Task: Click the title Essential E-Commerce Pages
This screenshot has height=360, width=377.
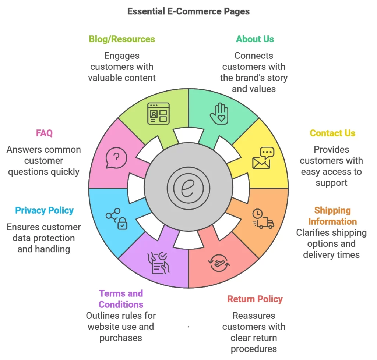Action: pyautogui.click(x=188, y=11)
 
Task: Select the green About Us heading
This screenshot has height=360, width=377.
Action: pyautogui.click(x=255, y=39)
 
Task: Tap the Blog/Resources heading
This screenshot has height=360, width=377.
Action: pyautogui.click(x=122, y=39)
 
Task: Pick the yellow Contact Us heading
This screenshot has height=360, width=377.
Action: pyautogui.click(x=332, y=133)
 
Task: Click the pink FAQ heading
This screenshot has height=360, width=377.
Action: pyautogui.click(x=44, y=133)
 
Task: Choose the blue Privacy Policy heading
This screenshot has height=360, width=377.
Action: pyautogui.click(x=44, y=211)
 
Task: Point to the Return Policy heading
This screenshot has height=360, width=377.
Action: pyautogui.click(x=255, y=299)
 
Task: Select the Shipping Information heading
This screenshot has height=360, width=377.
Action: pyautogui.click(x=332, y=216)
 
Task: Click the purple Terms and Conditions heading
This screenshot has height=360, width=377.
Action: pyautogui.click(x=121, y=299)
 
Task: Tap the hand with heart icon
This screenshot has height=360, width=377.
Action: pyautogui.click(x=219, y=113)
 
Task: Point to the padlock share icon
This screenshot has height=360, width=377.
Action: pyautogui.click(x=116, y=219)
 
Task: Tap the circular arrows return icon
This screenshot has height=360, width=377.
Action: pyautogui.click(x=219, y=262)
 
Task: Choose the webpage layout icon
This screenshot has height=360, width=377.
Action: pyautogui.click(x=158, y=113)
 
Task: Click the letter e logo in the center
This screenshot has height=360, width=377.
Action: pyautogui.click(x=188, y=188)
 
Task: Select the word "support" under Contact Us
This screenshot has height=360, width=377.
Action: pyautogui.click(x=331, y=183)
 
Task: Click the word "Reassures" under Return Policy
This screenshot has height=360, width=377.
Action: pyautogui.click(x=254, y=316)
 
